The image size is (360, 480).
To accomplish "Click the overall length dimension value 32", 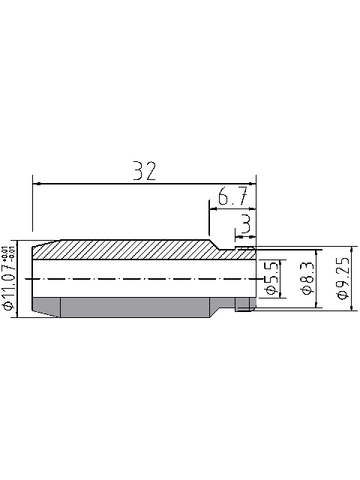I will pyautogui.click(x=145, y=171).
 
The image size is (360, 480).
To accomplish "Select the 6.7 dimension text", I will pyautogui.click(x=232, y=199).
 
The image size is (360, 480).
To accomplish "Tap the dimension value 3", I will pyautogui.click(x=245, y=223).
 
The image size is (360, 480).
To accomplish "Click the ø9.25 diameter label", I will pyautogui.click(x=343, y=278).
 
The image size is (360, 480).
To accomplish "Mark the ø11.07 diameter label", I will pyautogui.click(x=9, y=289).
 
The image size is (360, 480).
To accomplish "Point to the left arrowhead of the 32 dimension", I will pyautogui.click(x=36, y=183).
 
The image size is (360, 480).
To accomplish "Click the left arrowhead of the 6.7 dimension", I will pyautogui.click(x=212, y=210).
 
